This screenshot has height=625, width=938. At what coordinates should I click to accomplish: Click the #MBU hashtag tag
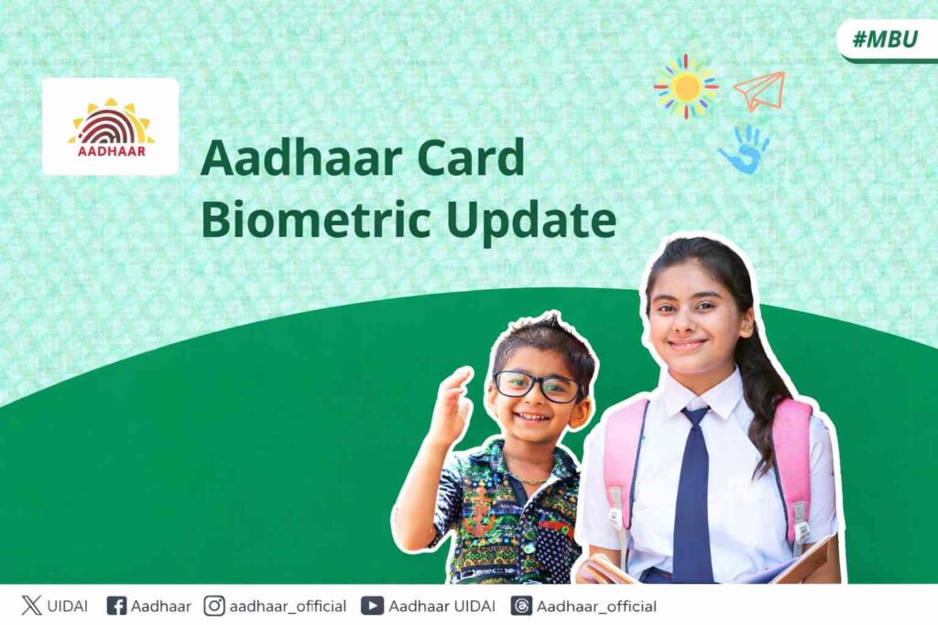pos(885,39)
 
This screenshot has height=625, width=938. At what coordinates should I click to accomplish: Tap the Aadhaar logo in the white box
pos(111,126)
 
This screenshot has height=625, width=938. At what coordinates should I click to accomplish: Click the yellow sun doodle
pos(685,86)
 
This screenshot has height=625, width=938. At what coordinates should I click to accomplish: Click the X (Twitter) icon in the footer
pos(32,606)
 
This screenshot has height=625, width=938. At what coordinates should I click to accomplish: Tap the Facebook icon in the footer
pos(116,606)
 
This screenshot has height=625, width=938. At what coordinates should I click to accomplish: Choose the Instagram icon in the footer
pos(214,606)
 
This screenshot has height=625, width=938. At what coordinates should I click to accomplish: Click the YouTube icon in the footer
pos(372,606)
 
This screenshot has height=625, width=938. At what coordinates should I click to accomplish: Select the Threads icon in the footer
pos(520,606)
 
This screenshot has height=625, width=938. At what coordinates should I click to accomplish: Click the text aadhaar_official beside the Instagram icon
pos(288,606)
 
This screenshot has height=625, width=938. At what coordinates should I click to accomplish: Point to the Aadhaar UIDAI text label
pos(442,606)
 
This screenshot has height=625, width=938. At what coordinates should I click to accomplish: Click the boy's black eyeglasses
pos(536,385)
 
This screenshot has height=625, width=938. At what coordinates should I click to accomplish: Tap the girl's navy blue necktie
pos(693,494)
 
